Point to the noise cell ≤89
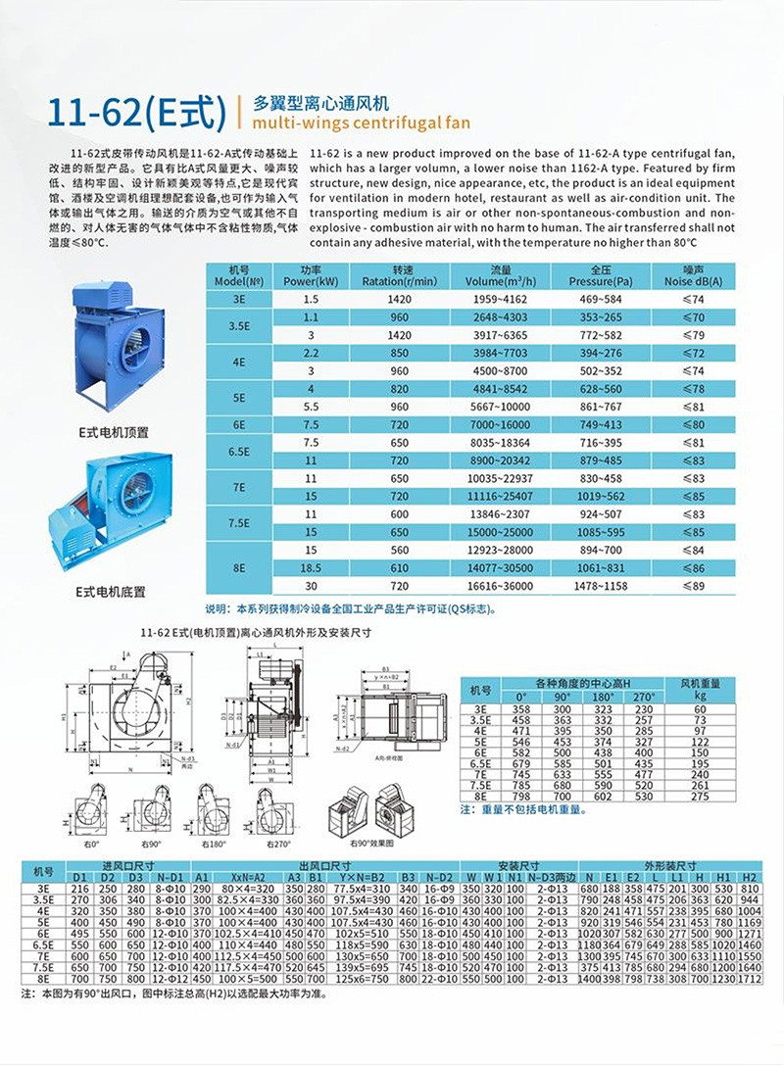[693, 585]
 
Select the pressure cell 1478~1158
[600, 585]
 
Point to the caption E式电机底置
[111, 591]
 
